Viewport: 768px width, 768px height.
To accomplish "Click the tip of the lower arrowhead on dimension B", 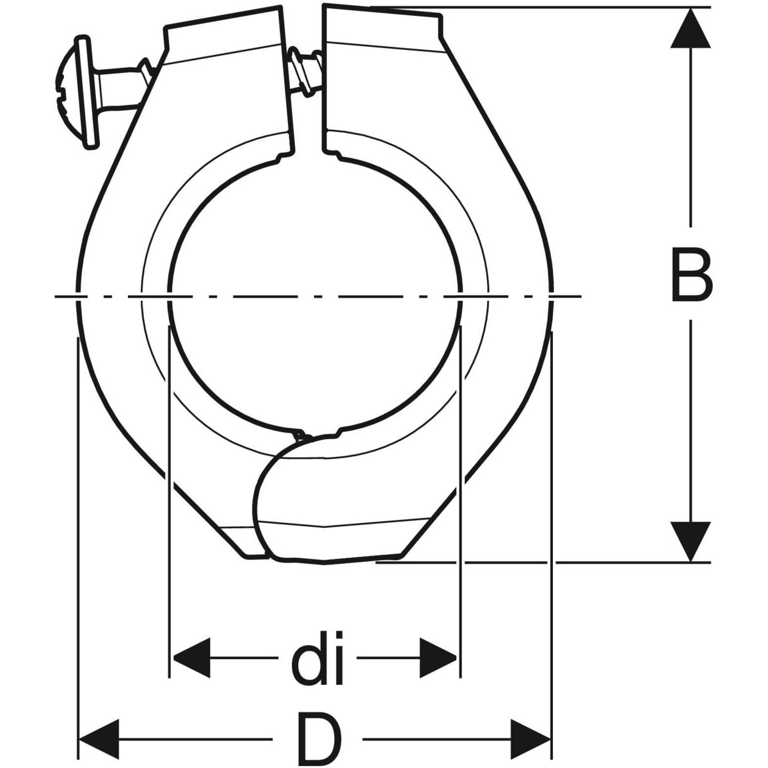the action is click(691, 562).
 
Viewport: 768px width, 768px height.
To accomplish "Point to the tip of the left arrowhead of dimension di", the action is click(172, 658).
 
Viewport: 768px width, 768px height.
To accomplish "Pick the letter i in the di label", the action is click(337, 659).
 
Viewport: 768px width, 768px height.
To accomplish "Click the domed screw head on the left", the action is click(77, 92).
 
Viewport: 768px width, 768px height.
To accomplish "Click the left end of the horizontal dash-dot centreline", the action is click(54, 296).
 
